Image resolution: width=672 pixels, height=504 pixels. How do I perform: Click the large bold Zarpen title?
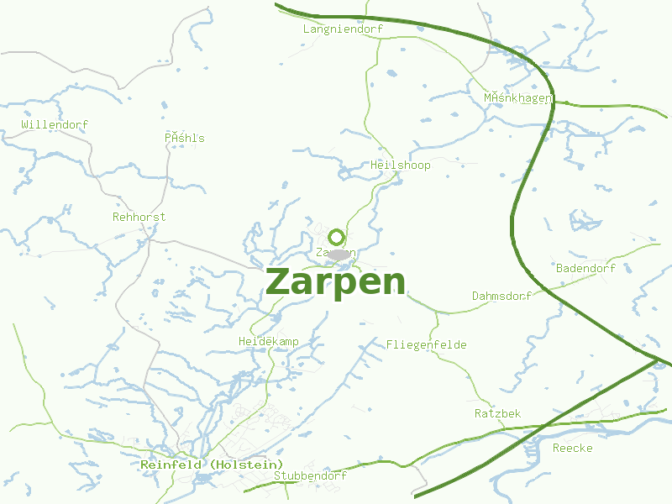(x=336, y=281)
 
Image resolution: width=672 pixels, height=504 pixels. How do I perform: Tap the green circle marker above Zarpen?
(x=337, y=237)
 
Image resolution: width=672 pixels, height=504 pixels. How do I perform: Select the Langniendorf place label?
(x=343, y=29)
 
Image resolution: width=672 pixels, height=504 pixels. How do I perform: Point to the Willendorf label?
(x=55, y=125)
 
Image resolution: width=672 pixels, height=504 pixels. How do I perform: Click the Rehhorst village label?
(x=139, y=217)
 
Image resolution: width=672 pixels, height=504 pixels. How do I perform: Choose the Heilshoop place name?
(x=400, y=165)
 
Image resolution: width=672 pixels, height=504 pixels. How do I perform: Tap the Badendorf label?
(x=585, y=268)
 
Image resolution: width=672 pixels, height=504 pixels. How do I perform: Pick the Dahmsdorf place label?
(x=501, y=297)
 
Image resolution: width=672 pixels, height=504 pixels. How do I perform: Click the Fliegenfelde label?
(x=426, y=345)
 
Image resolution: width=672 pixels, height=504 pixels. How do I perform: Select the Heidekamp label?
(x=269, y=342)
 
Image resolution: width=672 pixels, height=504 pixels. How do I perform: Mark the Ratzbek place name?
(x=497, y=414)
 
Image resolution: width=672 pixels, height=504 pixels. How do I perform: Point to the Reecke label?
(x=572, y=449)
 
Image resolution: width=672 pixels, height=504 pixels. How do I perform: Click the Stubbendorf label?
(x=310, y=476)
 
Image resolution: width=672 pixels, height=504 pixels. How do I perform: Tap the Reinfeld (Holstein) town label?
(x=212, y=465)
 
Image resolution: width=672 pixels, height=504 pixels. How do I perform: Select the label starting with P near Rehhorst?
(x=185, y=139)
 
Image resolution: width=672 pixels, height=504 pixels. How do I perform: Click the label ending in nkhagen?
(x=517, y=98)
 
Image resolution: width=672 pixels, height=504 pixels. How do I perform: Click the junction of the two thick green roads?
(x=655, y=360)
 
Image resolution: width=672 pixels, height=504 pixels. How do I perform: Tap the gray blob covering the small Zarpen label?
(x=339, y=254)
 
